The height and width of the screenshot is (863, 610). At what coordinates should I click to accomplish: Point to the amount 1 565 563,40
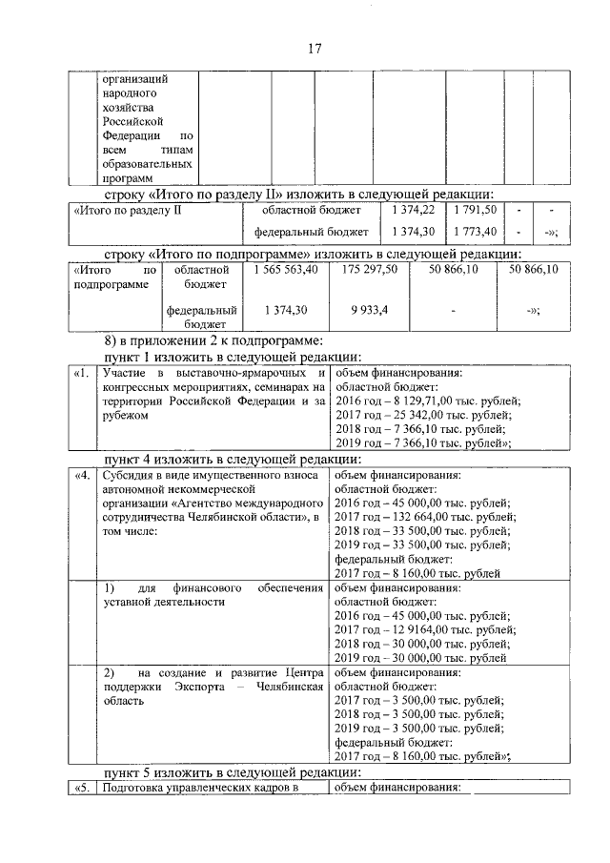pyautogui.click(x=283, y=271)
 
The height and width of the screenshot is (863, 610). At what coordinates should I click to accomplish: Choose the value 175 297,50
pyautogui.click(x=364, y=271)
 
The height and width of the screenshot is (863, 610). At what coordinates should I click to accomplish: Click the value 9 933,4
pyautogui.click(x=364, y=310)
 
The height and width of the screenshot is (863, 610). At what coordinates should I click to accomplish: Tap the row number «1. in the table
pyautogui.click(x=82, y=374)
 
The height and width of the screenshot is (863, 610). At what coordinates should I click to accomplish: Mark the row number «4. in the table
pyautogui.click(x=82, y=475)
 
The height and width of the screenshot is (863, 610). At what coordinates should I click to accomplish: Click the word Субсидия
pyautogui.click(x=129, y=475)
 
